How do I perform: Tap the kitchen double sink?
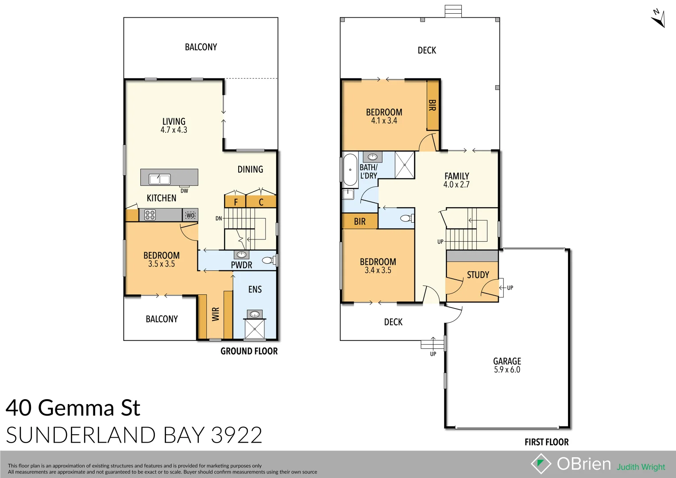(x=159, y=179)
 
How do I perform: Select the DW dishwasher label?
(x=184, y=191)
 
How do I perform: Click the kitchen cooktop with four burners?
(x=150, y=215)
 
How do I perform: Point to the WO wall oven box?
(x=190, y=215)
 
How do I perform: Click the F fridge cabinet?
(x=236, y=202)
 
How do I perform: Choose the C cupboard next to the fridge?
(x=261, y=202)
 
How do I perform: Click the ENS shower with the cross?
(x=255, y=329)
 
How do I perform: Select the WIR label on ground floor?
(x=216, y=314)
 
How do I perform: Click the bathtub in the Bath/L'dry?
(x=350, y=170)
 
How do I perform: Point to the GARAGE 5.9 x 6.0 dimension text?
(x=507, y=370)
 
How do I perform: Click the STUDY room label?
(x=478, y=275)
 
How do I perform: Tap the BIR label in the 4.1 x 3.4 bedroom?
(x=432, y=105)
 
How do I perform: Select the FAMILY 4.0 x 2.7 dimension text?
(x=456, y=185)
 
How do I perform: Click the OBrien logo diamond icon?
(x=541, y=464)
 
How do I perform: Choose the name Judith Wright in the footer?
(x=641, y=467)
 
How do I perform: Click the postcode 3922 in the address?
(x=236, y=435)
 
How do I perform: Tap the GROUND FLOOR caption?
(x=249, y=351)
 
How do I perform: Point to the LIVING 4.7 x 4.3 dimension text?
(x=174, y=130)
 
